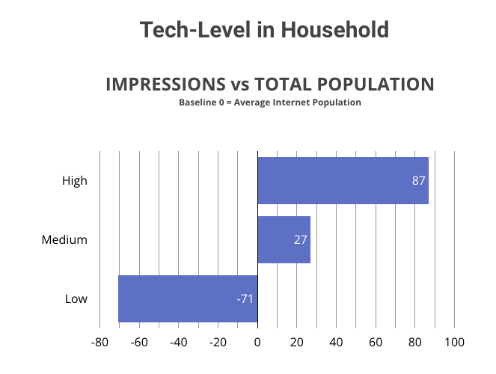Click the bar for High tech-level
point(343,180)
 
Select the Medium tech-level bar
point(284,239)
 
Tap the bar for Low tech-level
point(188,298)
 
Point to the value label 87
point(418,180)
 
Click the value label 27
point(300,239)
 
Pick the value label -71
point(245,298)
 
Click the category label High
point(75,181)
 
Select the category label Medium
point(64,239)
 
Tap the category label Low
point(76,298)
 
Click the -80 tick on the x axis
point(99,342)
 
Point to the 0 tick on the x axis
point(257,342)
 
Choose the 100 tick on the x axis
point(455,342)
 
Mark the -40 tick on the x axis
point(178,342)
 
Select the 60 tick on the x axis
point(376,342)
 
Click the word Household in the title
point(335,30)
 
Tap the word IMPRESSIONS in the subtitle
point(165,85)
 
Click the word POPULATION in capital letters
point(376,85)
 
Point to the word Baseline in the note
point(198,102)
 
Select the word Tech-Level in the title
point(195,30)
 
